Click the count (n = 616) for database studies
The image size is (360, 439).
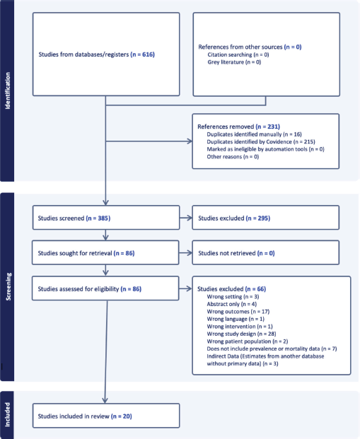click(x=143, y=54)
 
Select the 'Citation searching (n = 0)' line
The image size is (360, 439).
click(x=238, y=54)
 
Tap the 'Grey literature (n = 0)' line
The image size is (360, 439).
click(x=234, y=62)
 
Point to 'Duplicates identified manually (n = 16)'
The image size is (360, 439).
click(x=254, y=134)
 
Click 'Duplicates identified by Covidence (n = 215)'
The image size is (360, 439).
click(x=261, y=141)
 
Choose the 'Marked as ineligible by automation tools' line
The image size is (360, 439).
click(x=266, y=149)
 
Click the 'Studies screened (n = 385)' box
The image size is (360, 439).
click(x=106, y=218)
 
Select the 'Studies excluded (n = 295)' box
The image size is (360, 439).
click(x=266, y=218)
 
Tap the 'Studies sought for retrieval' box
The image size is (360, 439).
click(x=105, y=252)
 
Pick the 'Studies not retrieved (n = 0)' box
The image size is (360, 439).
click(x=266, y=252)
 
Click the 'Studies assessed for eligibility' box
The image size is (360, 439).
click(x=105, y=288)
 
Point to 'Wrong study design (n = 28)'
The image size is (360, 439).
click(x=241, y=334)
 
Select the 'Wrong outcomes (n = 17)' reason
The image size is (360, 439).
click(x=238, y=312)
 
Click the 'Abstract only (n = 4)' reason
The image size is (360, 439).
click(x=232, y=304)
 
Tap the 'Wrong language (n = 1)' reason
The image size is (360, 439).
click(x=236, y=319)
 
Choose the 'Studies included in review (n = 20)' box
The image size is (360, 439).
click(x=106, y=416)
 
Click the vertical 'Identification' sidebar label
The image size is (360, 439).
click(x=7, y=90)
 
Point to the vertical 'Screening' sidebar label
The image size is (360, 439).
click(x=8, y=287)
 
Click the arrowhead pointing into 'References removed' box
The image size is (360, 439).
click(x=190, y=141)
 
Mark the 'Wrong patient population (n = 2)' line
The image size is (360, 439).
click(x=248, y=341)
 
